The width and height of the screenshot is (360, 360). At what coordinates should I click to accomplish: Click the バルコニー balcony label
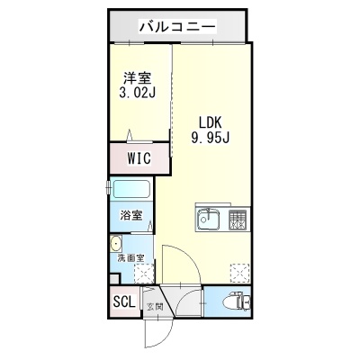pyautogui.click(x=177, y=27)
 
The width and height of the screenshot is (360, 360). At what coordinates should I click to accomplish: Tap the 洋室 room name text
pyautogui.click(x=138, y=78)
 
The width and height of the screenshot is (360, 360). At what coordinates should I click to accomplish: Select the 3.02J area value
pyautogui.click(x=137, y=93)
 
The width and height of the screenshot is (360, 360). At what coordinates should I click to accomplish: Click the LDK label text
pyautogui.click(x=211, y=123)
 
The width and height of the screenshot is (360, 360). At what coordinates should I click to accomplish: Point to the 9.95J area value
pyautogui.click(x=211, y=138)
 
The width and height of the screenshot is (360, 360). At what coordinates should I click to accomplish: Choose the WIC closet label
pyautogui.click(x=139, y=158)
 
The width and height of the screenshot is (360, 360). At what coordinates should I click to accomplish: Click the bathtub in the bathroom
pyautogui.click(x=131, y=189)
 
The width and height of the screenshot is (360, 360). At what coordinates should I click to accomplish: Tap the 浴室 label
pyautogui.click(x=131, y=215)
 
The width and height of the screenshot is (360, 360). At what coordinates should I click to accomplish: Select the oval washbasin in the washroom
pyautogui.click(x=115, y=243)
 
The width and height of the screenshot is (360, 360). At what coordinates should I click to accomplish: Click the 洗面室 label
pyautogui.click(x=130, y=258)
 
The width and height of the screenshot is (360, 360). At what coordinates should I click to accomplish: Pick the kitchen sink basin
pyautogui.click(x=208, y=219)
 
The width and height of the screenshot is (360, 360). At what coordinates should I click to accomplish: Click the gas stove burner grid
pyautogui.click(x=238, y=220)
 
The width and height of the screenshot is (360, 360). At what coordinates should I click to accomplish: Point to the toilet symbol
pyautogui.click(x=240, y=301)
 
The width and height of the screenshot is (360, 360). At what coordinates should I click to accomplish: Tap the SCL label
pyautogui.click(x=124, y=301)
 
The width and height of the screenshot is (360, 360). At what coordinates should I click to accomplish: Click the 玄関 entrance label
pyautogui.click(x=155, y=307)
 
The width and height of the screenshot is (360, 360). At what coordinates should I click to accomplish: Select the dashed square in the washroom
pyautogui.click(x=144, y=274)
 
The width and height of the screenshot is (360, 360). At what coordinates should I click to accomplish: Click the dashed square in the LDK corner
pyautogui.click(x=239, y=274)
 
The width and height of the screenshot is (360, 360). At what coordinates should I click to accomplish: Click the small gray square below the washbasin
pyautogui.click(x=114, y=278)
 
